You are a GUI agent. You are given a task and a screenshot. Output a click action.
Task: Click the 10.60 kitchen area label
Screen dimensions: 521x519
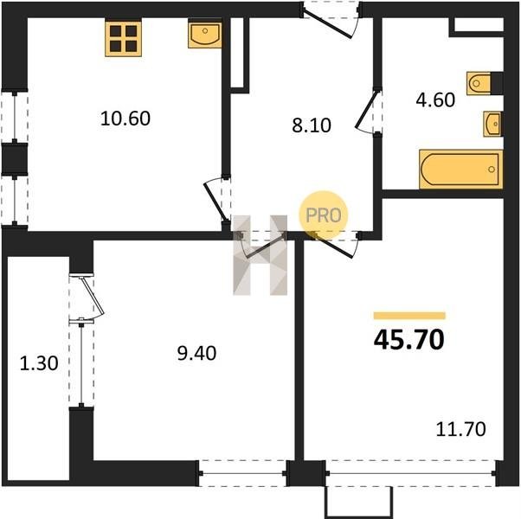click(x=125, y=119)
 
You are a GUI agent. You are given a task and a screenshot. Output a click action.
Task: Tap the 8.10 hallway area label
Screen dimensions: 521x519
click(x=312, y=125)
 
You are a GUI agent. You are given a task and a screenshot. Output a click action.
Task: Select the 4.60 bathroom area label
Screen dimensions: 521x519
click(x=435, y=100)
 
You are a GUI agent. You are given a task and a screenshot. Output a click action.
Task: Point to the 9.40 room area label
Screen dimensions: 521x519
click(x=196, y=353)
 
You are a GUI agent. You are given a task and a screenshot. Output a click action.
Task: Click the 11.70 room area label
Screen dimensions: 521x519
click(x=461, y=429)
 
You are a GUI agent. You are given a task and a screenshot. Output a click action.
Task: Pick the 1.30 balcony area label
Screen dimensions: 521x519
click(x=39, y=363)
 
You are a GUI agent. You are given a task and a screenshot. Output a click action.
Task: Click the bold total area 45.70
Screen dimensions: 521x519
click(x=409, y=340)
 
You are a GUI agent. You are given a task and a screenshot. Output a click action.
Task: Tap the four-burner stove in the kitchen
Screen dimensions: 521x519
click(x=123, y=38)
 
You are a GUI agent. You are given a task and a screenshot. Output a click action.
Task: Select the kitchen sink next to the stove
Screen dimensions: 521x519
click(x=204, y=34)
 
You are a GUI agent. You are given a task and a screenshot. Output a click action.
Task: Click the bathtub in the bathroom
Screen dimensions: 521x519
click(x=461, y=169)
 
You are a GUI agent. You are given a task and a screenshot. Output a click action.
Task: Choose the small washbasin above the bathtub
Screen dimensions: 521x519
click(x=492, y=125)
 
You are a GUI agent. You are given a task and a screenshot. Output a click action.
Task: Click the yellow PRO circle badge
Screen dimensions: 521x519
click(x=324, y=215)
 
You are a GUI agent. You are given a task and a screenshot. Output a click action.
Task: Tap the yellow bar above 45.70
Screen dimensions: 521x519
click(x=409, y=316)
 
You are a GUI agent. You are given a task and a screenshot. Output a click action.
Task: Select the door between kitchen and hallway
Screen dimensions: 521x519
click(x=216, y=199)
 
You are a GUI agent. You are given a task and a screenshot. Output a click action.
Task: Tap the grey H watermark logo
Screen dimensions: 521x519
click(x=260, y=255)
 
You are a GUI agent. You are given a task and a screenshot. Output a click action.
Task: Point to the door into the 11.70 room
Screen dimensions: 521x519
click(x=332, y=245)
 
